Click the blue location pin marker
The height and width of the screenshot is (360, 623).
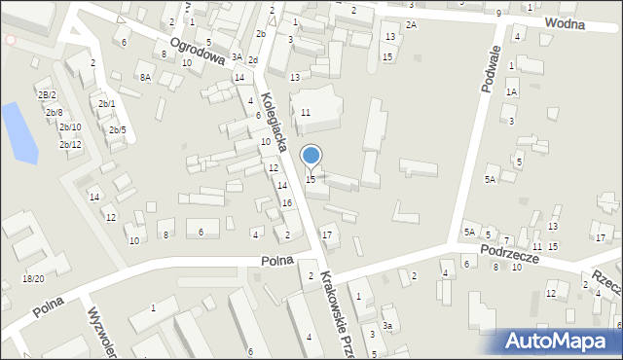click(x=311, y=156)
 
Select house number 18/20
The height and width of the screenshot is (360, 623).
click(x=33, y=279)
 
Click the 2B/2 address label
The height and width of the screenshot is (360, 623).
click(x=47, y=94)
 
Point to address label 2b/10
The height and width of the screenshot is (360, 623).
click(x=69, y=127)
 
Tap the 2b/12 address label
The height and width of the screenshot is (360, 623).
click(x=70, y=145)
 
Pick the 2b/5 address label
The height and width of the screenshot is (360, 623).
click(x=117, y=130)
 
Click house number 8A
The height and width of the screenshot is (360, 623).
click(x=145, y=77)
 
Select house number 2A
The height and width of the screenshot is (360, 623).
click(x=411, y=24)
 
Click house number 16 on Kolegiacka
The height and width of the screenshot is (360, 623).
click(x=286, y=202)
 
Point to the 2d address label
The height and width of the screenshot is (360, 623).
click(x=253, y=60)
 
